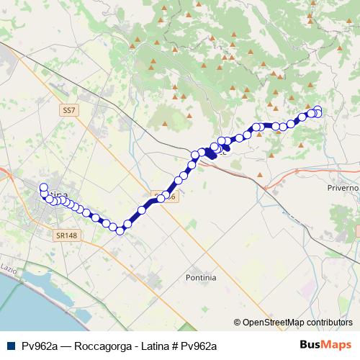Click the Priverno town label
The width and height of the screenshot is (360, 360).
click(343, 187)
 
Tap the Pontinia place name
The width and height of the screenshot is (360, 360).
click(201, 277)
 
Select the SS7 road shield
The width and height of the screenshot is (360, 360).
click(68, 110)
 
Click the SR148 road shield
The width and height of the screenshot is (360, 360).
click(65, 235)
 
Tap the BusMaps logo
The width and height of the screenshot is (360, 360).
click(325, 345)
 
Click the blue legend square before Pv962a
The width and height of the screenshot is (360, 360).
click(9, 346)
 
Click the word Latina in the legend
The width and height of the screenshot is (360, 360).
click(149, 346)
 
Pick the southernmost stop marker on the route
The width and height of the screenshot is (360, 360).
click(120, 230)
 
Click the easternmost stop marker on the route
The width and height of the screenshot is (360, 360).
click(318, 111)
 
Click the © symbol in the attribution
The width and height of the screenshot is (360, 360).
click(238, 323)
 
